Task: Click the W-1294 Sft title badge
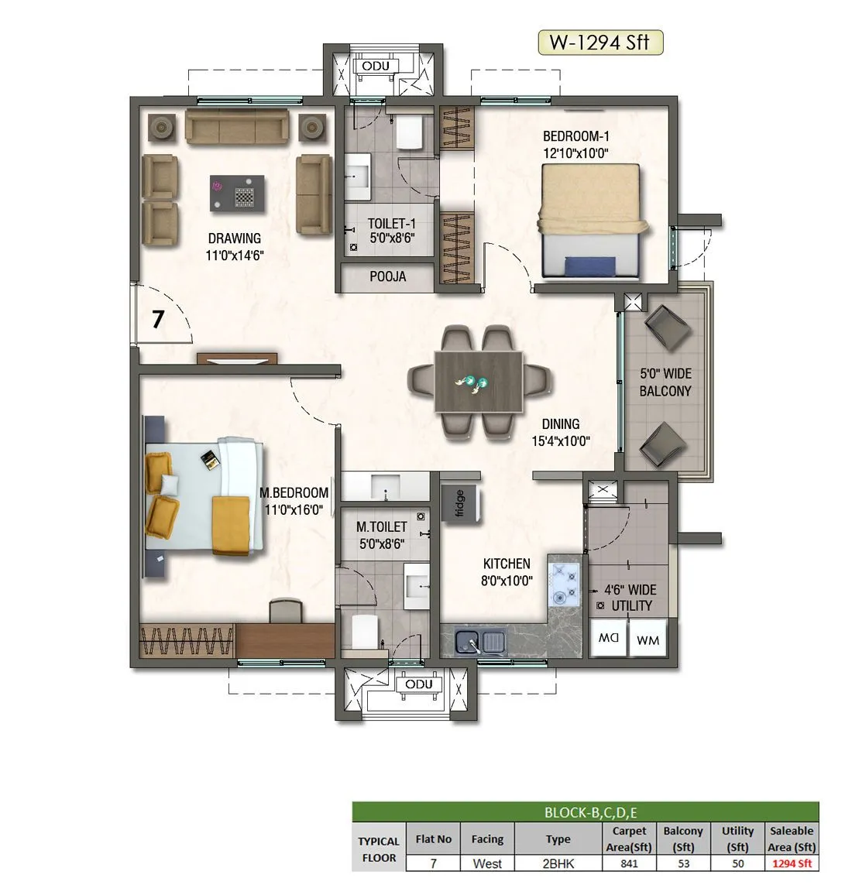click(x=600, y=43)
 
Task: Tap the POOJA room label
click(x=387, y=276)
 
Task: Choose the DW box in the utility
click(x=609, y=639)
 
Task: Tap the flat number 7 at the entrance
click(x=158, y=318)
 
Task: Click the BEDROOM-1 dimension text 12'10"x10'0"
click(x=575, y=153)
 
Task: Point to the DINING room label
click(x=561, y=423)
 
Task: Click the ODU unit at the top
click(x=376, y=67)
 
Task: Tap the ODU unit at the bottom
click(x=419, y=684)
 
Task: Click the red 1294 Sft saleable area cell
click(x=792, y=863)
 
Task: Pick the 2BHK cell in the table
click(x=558, y=863)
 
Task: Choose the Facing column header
click(x=487, y=838)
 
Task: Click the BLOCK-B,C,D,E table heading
click(x=586, y=812)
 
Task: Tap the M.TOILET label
click(x=382, y=526)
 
